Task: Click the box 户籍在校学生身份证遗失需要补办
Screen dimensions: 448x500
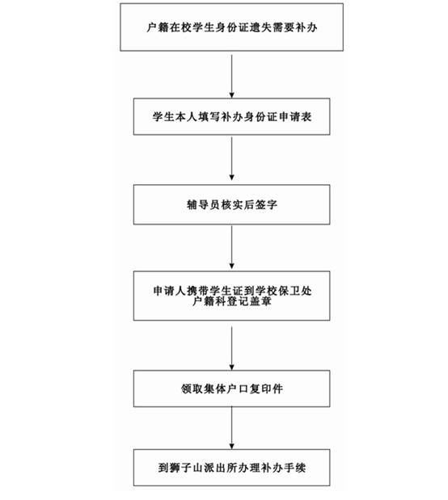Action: [231, 27]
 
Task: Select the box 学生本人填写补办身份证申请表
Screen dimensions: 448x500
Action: [231, 116]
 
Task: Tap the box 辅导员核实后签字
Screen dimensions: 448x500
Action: [231, 204]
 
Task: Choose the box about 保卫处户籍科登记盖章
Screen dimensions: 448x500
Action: [231, 296]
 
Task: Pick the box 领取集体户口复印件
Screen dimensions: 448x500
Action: [231, 389]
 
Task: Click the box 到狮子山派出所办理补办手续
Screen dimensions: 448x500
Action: [231, 468]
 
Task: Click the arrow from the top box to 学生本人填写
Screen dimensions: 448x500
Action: [232, 76]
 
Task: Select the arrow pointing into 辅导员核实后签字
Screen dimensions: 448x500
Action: [232, 158]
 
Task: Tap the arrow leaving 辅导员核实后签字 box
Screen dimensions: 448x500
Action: [232, 247]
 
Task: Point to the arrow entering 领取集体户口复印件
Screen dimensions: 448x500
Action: [232, 348]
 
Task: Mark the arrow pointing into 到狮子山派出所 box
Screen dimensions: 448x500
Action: [232, 428]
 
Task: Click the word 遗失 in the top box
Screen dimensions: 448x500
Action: [261, 27]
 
